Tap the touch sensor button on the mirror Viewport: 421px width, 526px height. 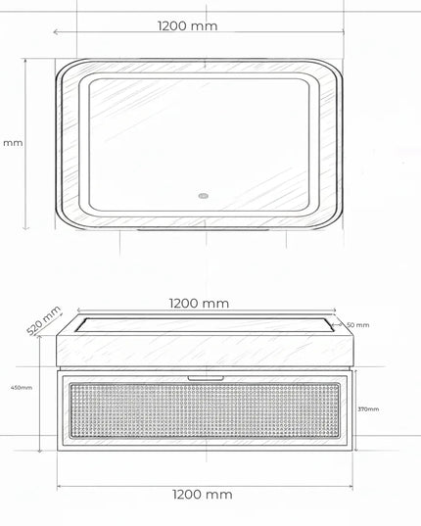(204, 194)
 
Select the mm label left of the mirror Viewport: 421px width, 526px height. (13, 143)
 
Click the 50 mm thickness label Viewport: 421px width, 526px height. (357, 324)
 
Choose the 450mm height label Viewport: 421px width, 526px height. (21, 387)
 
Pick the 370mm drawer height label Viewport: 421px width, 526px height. (368, 408)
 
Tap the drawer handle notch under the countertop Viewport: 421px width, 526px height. (203, 375)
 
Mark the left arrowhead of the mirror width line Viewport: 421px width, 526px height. (55, 32)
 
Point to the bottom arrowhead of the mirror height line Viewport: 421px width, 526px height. (26, 230)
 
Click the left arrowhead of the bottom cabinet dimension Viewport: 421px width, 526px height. (59, 483)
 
